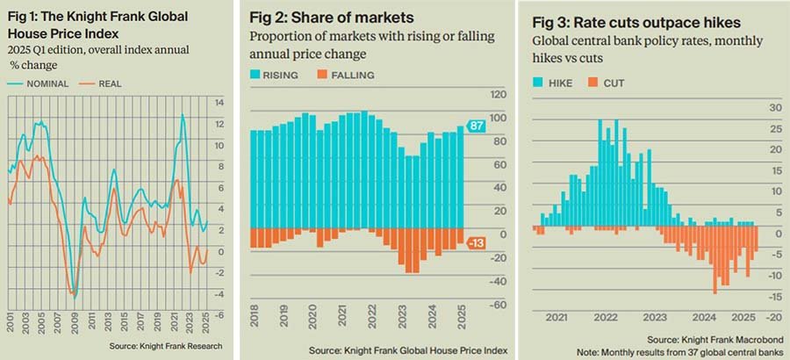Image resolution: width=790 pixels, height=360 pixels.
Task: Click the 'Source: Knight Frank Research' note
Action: tap(166, 346)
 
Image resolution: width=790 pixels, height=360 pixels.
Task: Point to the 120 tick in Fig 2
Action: tap(497, 95)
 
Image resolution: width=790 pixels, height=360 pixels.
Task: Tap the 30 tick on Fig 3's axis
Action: tap(775, 107)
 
